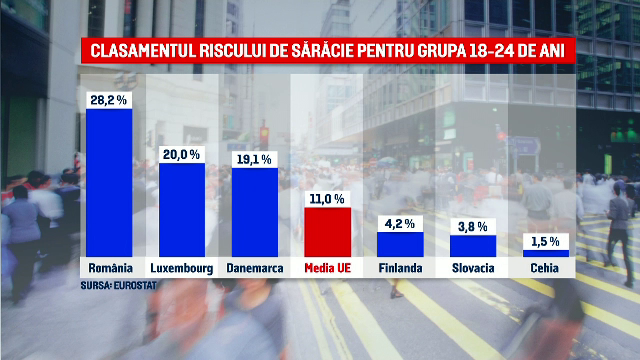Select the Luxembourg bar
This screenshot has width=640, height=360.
(x=181, y=209)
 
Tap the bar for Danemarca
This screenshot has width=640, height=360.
(x=254, y=211)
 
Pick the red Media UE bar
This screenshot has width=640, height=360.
(x=326, y=232)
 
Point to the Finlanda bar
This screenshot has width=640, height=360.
(x=398, y=244)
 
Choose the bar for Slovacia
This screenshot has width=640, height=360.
(x=472, y=245)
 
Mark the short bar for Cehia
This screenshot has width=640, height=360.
(x=546, y=253)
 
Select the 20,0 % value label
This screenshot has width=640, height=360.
(x=181, y=154)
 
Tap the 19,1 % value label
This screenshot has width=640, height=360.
(x=254, y=157)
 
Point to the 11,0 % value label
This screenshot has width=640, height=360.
(x=326, y=199)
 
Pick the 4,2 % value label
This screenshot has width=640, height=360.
(x=398, y=224)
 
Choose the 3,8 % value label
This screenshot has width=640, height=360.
(x=472, y=226)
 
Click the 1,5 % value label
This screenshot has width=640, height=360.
(x=546, y=241)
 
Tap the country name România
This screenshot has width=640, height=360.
(x=108, y=268)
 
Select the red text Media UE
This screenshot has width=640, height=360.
(x=326, y=268)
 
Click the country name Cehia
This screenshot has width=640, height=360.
(x=546, y=268)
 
